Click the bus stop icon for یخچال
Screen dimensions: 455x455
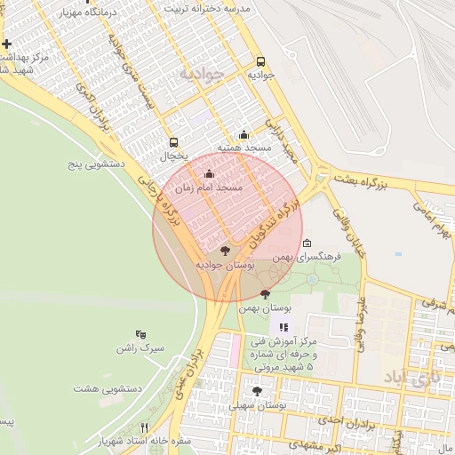coord(173,142)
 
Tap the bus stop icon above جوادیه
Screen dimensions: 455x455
coord(260,62)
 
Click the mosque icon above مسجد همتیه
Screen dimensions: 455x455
coord(244,135)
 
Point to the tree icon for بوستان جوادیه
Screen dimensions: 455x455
coord(224,251)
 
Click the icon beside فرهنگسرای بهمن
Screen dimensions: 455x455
coord(307,243)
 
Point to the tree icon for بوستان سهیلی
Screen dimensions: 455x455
coord(258,391)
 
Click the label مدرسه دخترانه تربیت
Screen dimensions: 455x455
coord(204,7)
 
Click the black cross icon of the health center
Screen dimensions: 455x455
coord(6,44)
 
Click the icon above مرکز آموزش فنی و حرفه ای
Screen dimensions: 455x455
coord(283,328)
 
